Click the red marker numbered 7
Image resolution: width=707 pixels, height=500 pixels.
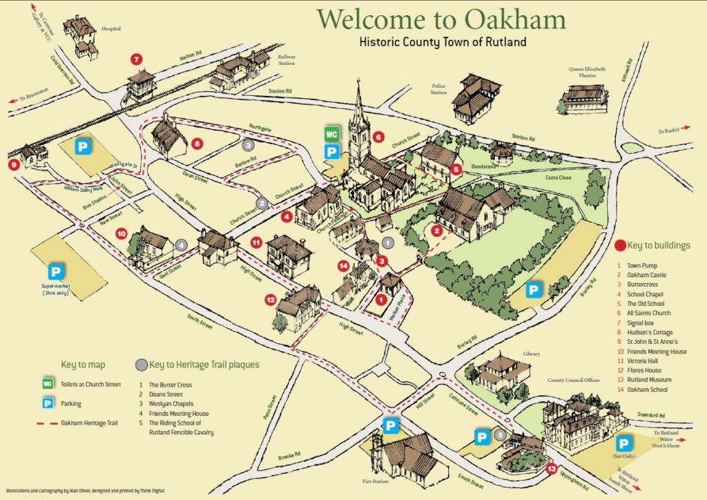click(137, 59)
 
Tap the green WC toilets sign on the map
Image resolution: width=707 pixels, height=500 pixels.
click(332, 134)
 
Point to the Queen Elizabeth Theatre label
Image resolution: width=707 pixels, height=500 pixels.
click(587, 73)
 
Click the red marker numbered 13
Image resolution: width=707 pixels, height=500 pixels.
click(551, 470)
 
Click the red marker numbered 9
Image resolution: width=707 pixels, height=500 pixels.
click(14, 164)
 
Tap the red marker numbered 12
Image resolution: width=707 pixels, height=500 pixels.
click(271, 300)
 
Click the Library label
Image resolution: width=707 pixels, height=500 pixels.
click(531, 354)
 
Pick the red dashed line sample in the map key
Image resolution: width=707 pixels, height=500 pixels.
click(48, 423)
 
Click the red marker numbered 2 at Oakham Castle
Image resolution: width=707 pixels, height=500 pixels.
click(436, 231)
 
